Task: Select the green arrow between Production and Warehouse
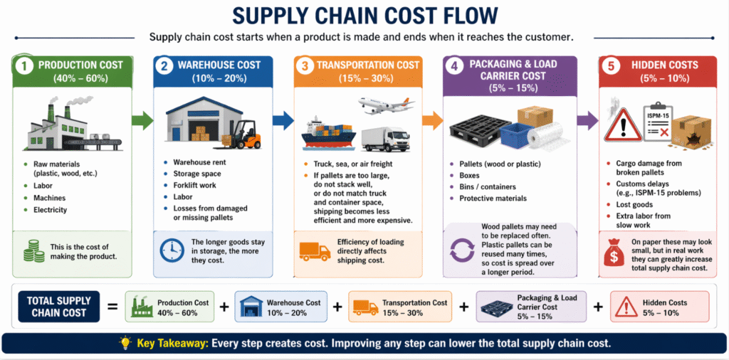[x=142, y=121]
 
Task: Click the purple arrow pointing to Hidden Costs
[x=587, y=121]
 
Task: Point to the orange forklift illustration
[x=241, y=134]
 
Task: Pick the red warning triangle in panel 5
[x=623, y=125]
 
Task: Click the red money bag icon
[x=614, y=253]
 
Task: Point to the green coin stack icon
[x=33, y=251]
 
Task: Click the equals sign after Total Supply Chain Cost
[x=112, y=307]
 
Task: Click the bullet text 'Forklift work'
[x=195, y=185]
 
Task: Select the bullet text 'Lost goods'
[x=635, y=204]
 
